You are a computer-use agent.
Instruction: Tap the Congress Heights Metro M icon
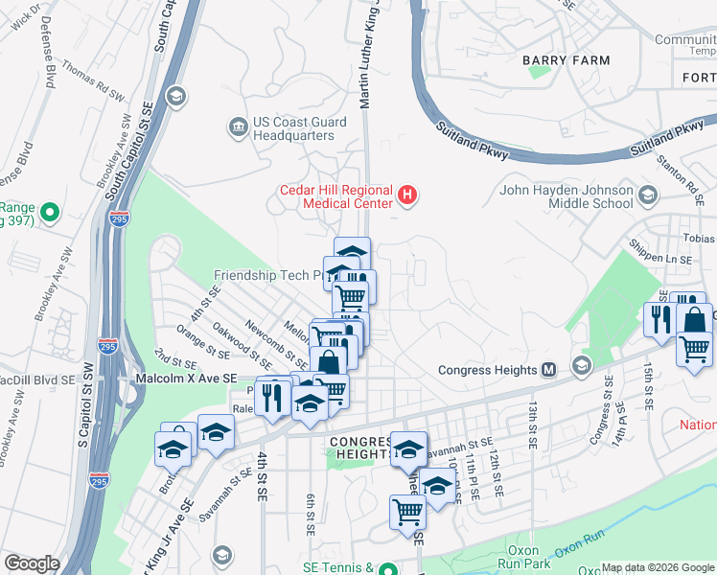[549, 369]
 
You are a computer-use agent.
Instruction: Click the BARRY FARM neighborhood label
[566, 60]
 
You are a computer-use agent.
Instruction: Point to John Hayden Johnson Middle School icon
[648, 196]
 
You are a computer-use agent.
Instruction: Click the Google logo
[31, 563]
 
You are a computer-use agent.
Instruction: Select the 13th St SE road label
[529, 423]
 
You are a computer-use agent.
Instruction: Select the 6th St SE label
[311, 516]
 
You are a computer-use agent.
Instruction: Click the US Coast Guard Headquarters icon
[237, 126]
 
